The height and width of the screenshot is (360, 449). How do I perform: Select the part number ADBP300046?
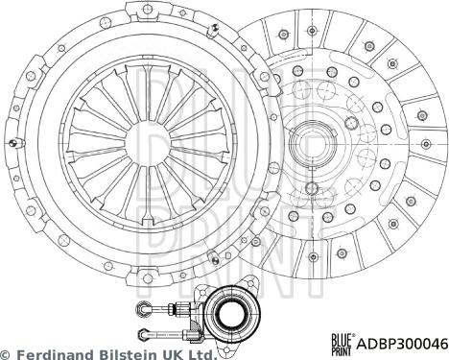(401, 342)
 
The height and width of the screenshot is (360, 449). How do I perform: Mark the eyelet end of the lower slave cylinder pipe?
(145, 332)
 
